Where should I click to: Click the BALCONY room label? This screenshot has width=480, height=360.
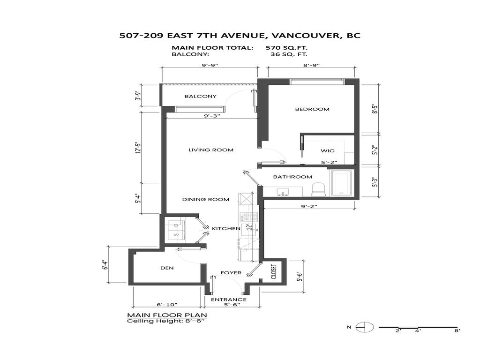[200, 97]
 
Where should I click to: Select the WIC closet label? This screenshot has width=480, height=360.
[327, 151]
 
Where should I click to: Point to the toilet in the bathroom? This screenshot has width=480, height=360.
[319, 189]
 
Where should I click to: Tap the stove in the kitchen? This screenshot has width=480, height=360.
[247, 217]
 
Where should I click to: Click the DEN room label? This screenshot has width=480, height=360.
[167, 268]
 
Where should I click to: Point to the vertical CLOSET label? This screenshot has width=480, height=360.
[274, 271]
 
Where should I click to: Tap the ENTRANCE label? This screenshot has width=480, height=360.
[228, 300]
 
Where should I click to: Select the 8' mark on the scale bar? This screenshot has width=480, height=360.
[457, 331]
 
